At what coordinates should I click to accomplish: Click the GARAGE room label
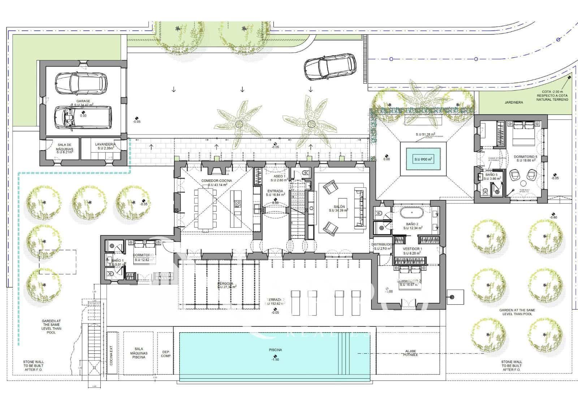[x=83, y=101]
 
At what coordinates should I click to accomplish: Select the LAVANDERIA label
[x=105, y=144]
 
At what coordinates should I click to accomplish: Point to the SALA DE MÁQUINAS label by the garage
[x=65, y=147]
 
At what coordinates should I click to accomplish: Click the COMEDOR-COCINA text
[x=216, y=180]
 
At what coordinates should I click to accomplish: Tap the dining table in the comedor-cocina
[x=205, y=208]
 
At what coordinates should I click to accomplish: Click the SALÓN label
[x=339, y=206]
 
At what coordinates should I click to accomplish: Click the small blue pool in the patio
[x=423, y=159]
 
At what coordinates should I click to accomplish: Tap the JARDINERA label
[x=514, y=103]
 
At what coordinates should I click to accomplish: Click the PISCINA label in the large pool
[x=275, y=350]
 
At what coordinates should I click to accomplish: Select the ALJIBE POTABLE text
[x=410, y=353]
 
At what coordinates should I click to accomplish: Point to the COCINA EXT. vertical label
[x=111, y=354]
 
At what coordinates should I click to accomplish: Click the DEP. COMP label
[x=166, y=353]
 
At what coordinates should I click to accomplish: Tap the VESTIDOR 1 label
[x=412, y=249]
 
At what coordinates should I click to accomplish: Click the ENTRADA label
[x=275, y=191]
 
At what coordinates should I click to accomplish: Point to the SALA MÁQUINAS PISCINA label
[x=139, y=353]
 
